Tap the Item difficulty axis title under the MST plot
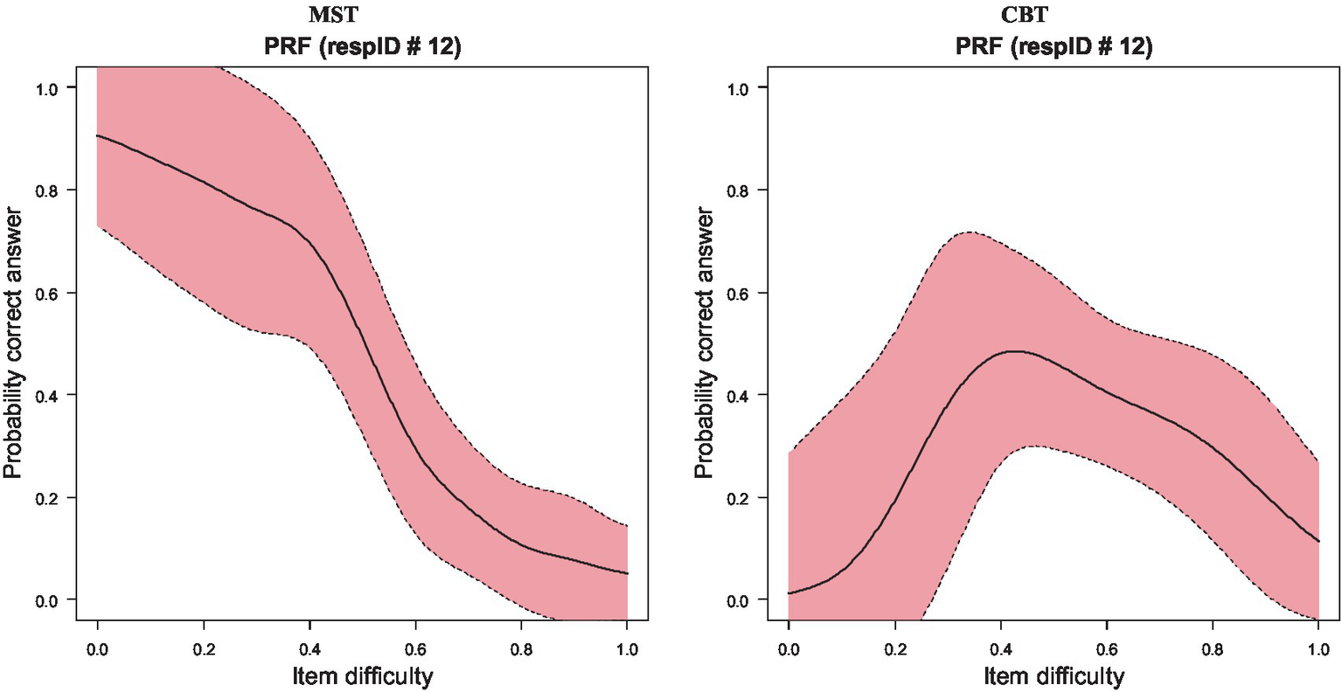coord(362,675)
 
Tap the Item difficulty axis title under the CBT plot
coord(1053,675)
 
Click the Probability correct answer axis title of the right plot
coord(704,343)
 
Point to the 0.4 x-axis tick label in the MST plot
coord(309,649)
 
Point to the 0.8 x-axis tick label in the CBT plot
coord(1212,649)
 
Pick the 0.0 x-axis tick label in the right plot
coord(789,649)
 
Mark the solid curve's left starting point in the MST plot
coord(97,135)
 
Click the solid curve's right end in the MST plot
coord(627,573)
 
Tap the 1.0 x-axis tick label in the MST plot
coord(627,649)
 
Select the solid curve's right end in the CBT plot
coord(1318,541)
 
